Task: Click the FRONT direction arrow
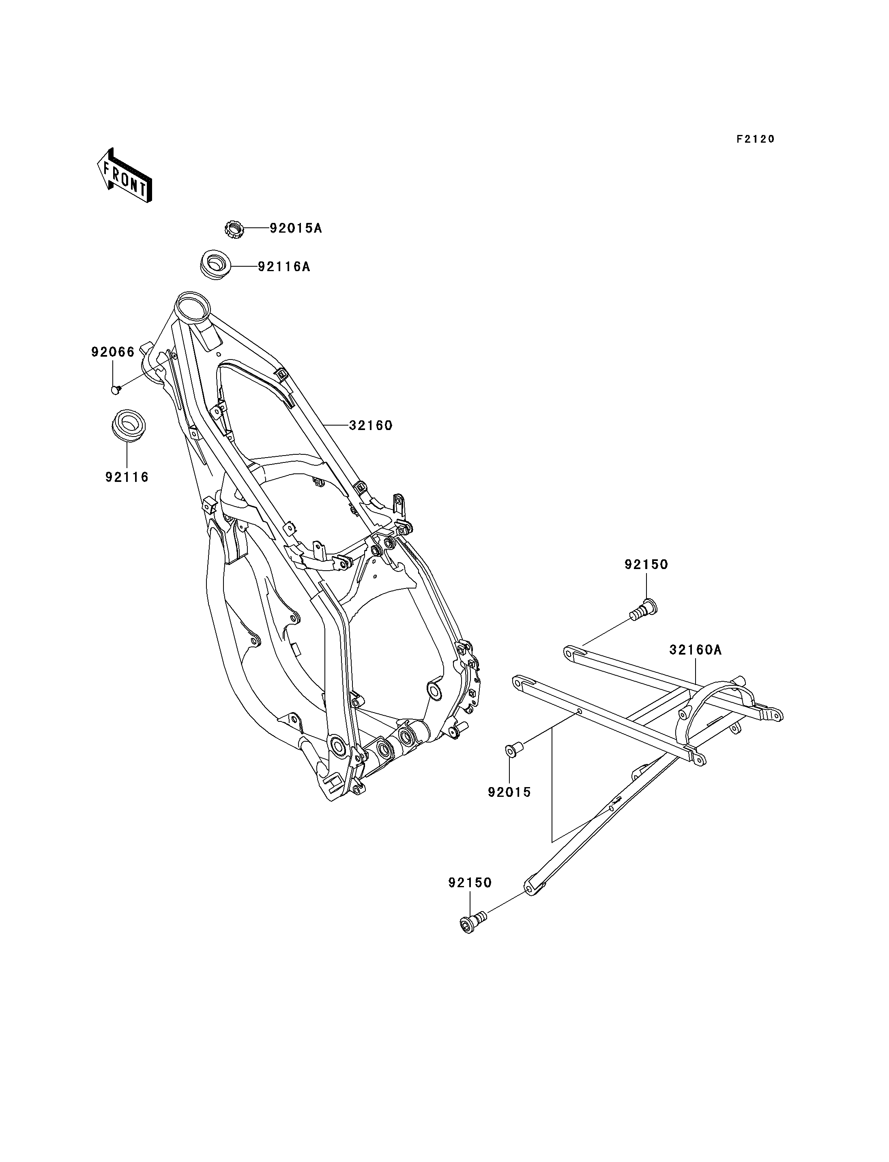(125, 175)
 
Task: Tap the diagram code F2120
(755, 139)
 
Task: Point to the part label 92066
(113, 352)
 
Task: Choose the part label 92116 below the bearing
(127, 477)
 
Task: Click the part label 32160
(370, 425)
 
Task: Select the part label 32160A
(695, 650)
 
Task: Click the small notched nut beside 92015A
(233, 229)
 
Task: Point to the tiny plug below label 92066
(115, 390)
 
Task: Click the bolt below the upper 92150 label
(644, 609)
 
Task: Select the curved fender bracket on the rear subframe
(717, 698)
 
